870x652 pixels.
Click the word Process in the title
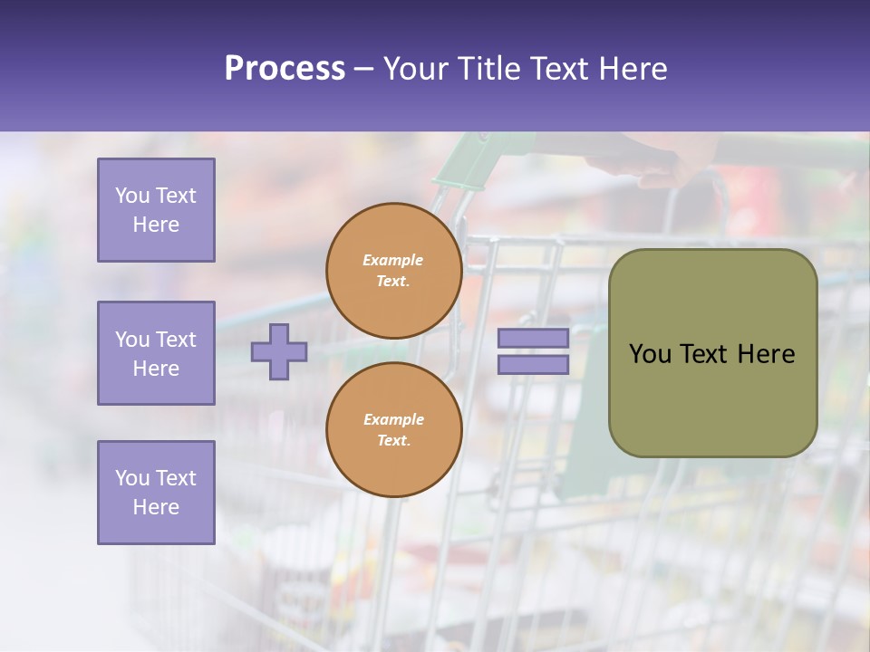pyautogui.click(x=285, y=69)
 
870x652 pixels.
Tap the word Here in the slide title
pyautogui.click(x=629, y=69)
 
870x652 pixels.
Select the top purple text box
pyautogui.click(x=156, y=210)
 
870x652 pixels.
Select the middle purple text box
pyautogui.click(x=156, y=353)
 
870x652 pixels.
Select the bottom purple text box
pyautogui.click(x=156, y=493)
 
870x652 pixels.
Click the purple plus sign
pyautogui.click(x=279, y=351)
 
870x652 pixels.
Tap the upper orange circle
pyautogui.click(x=393, y=271)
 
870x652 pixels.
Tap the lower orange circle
pyautogui.click(x=393, y=430)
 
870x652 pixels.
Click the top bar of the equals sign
pyautogui.click(x=533, y=338)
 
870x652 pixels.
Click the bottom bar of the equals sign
pyautogui.click(x=533, y=365)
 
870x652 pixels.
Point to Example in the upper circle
pyautogui.click(x=393, y=261)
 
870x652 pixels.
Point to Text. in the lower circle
pyautogui.click(x=393, y=441)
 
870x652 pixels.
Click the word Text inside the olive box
pyautogui.click(x=706, y=354)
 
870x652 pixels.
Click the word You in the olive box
pyautogui.click(x=650, y=354)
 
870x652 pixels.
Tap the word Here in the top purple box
pyautogui.click(x=156, y=225)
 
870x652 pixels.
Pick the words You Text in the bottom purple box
pyautogui.click(x=156, y=478)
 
